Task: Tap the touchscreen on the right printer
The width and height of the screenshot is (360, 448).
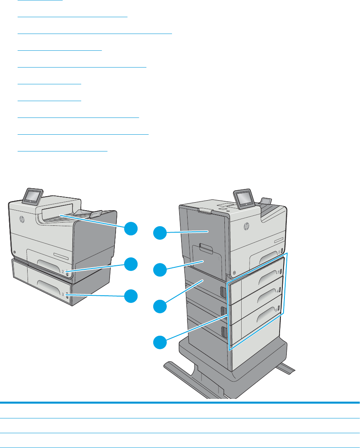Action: pos(242,198)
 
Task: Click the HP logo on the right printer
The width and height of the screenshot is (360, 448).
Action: pos(246,226)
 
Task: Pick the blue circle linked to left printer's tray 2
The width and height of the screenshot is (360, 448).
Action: pos(130,264)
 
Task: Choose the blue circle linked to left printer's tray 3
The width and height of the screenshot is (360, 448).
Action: pos(130,297)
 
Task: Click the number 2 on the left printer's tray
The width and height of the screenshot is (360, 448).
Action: pos(63,271)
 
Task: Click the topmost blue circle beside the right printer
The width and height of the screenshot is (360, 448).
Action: pos(161,233)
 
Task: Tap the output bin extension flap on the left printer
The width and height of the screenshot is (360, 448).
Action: pos(96,215)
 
